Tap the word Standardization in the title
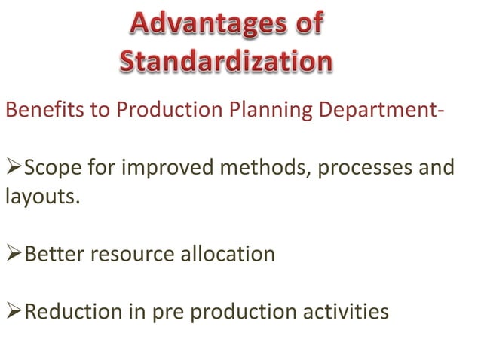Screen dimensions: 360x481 pos(225,63)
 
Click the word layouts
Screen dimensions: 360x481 pos(41,198)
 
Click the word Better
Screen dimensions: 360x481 pos(54,254)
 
